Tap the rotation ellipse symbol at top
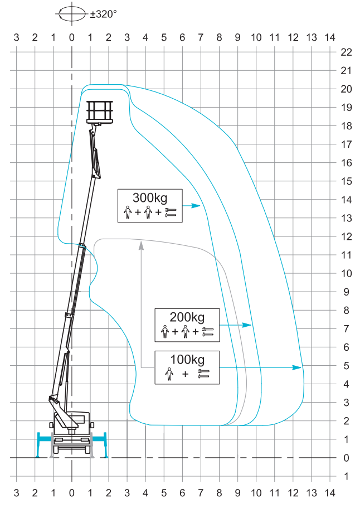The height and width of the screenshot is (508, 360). tap(72, 14)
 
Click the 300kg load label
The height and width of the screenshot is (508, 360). tap(149, 197)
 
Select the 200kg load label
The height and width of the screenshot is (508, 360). tap(187, 317)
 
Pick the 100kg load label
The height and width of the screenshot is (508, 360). tap(187, 359)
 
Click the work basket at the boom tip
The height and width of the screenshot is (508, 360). tap(100, 112)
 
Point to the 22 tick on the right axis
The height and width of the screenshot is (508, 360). tap(346, 52)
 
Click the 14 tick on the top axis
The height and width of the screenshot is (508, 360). tap(330, 37)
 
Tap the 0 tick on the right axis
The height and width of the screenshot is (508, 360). tap(346, 458)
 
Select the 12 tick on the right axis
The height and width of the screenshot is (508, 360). tap(346, 236)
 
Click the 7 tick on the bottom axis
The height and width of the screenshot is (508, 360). tap(201, 493)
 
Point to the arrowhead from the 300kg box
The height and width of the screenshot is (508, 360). tap(197, 206)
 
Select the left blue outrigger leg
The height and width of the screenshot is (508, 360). tap(38, 444)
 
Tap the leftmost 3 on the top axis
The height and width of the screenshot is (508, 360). tap(16, 37)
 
